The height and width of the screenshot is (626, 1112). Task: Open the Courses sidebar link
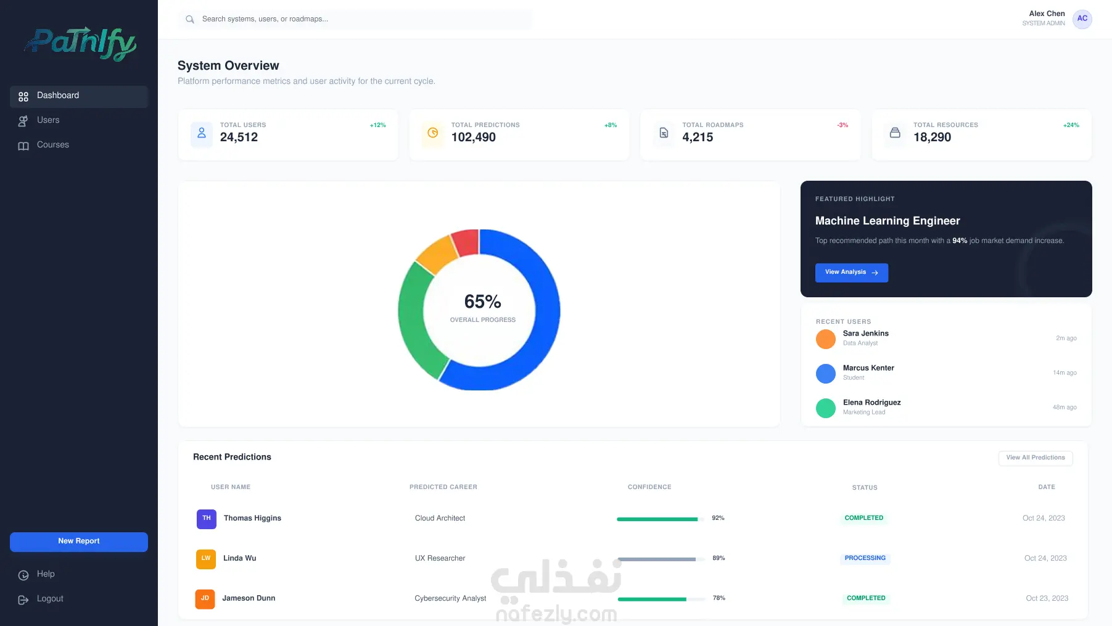[x=44, y=145]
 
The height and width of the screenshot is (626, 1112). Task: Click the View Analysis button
[x=852, y=273]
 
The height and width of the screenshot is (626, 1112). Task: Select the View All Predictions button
[x=1036, y=458]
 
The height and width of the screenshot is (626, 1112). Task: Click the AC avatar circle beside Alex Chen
[x=1082, y=19]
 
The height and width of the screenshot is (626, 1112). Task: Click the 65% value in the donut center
[x=482, y=302]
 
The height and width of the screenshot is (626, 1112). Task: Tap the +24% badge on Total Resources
[x=1071, y=125]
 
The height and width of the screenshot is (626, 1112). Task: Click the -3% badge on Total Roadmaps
[x=842, y=125]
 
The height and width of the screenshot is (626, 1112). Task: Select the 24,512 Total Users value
[x=239, y=137]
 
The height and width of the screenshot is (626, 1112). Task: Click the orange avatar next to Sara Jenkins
[x=826, y=339]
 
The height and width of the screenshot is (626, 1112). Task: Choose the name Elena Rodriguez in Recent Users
[x=871, y=403]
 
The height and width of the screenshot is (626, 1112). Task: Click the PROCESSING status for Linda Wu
[x=865, y=558]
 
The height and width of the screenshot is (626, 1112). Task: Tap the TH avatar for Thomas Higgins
[x=207, y=519]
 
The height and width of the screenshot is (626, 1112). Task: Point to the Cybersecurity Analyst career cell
[x=450, y=598]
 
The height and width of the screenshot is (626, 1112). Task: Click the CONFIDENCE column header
[x=649, y=487]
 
